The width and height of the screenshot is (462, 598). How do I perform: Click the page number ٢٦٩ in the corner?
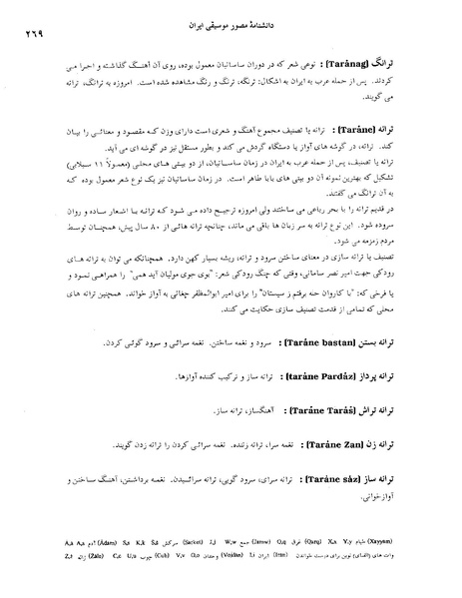point(28,40)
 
